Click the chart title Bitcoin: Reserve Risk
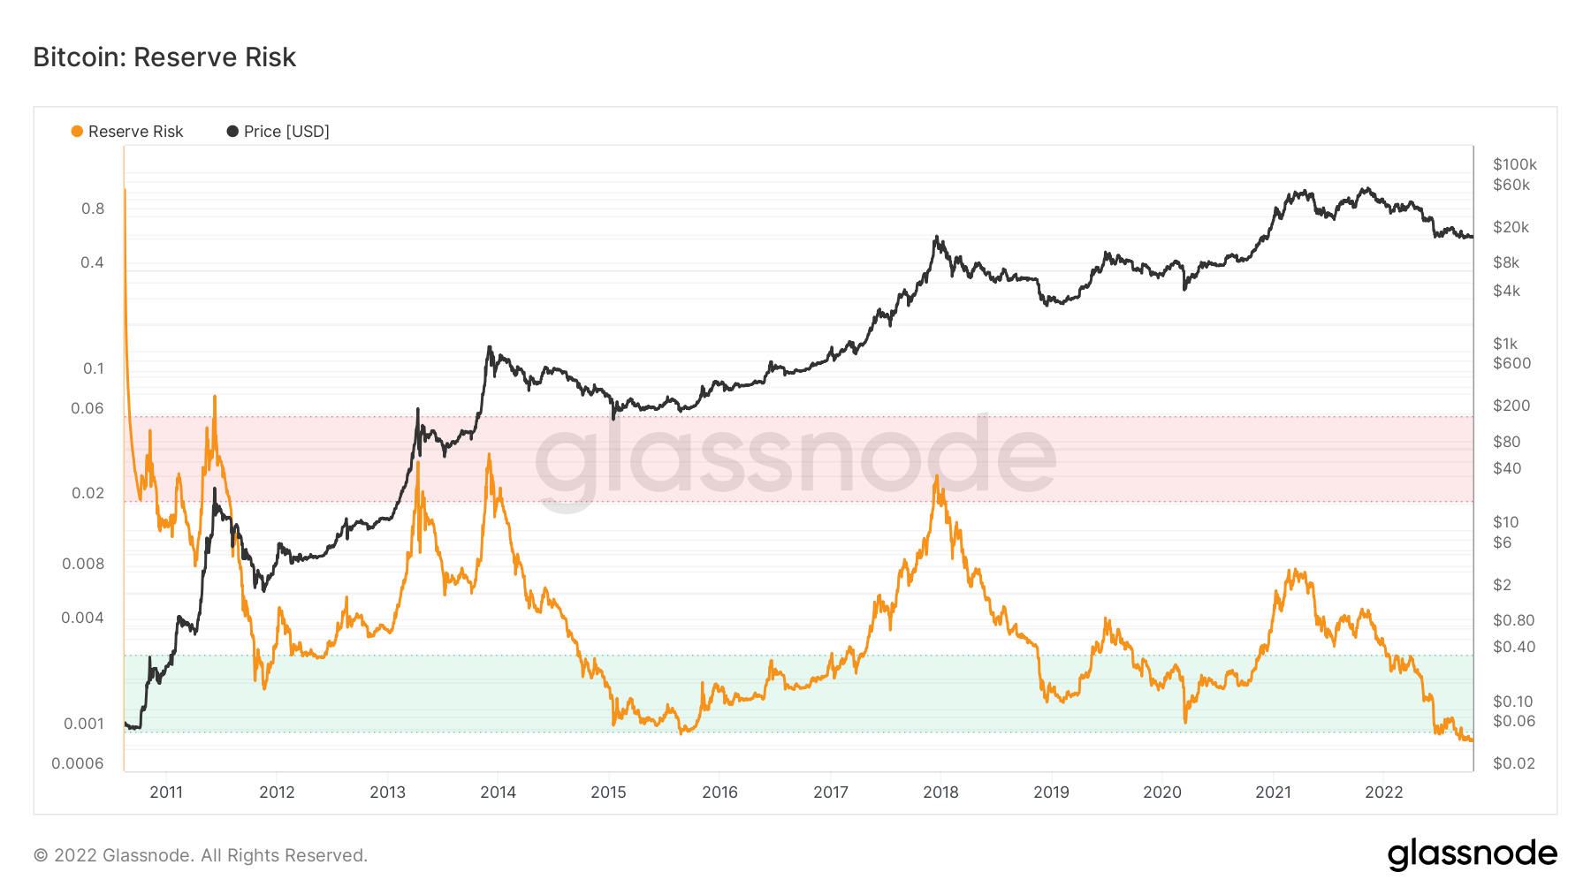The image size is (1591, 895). point(164,57)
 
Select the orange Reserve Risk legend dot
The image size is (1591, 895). point(77,132)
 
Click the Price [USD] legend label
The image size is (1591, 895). point(286,132)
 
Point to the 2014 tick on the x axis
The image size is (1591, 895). point(498,792)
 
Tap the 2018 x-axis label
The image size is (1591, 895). point(940,792)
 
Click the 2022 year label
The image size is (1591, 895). point(1383,792)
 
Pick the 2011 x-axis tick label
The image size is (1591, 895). point(166,792)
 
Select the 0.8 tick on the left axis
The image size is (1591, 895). point(93,209)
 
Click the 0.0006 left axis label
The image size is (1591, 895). point(78,763)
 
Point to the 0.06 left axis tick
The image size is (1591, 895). point(88,408)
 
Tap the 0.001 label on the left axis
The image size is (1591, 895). point(84,724)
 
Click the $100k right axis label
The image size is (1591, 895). point(1514,164)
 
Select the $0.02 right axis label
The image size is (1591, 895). point(1513,763)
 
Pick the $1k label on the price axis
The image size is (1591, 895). point(1504,344)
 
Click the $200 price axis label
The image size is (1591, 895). point(1511,406)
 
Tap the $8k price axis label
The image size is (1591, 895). point(1505,262)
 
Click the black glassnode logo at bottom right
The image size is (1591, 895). point(1472,854)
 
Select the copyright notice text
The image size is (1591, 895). point(200,855)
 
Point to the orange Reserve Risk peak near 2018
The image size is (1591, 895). point(936,477)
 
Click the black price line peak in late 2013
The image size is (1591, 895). point(490,347)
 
